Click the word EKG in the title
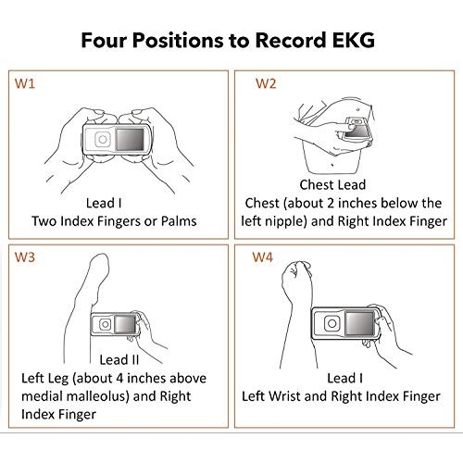pos(357,42)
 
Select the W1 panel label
pos(25,84)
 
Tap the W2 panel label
pos(266,84)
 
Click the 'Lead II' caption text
pos(113,359)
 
